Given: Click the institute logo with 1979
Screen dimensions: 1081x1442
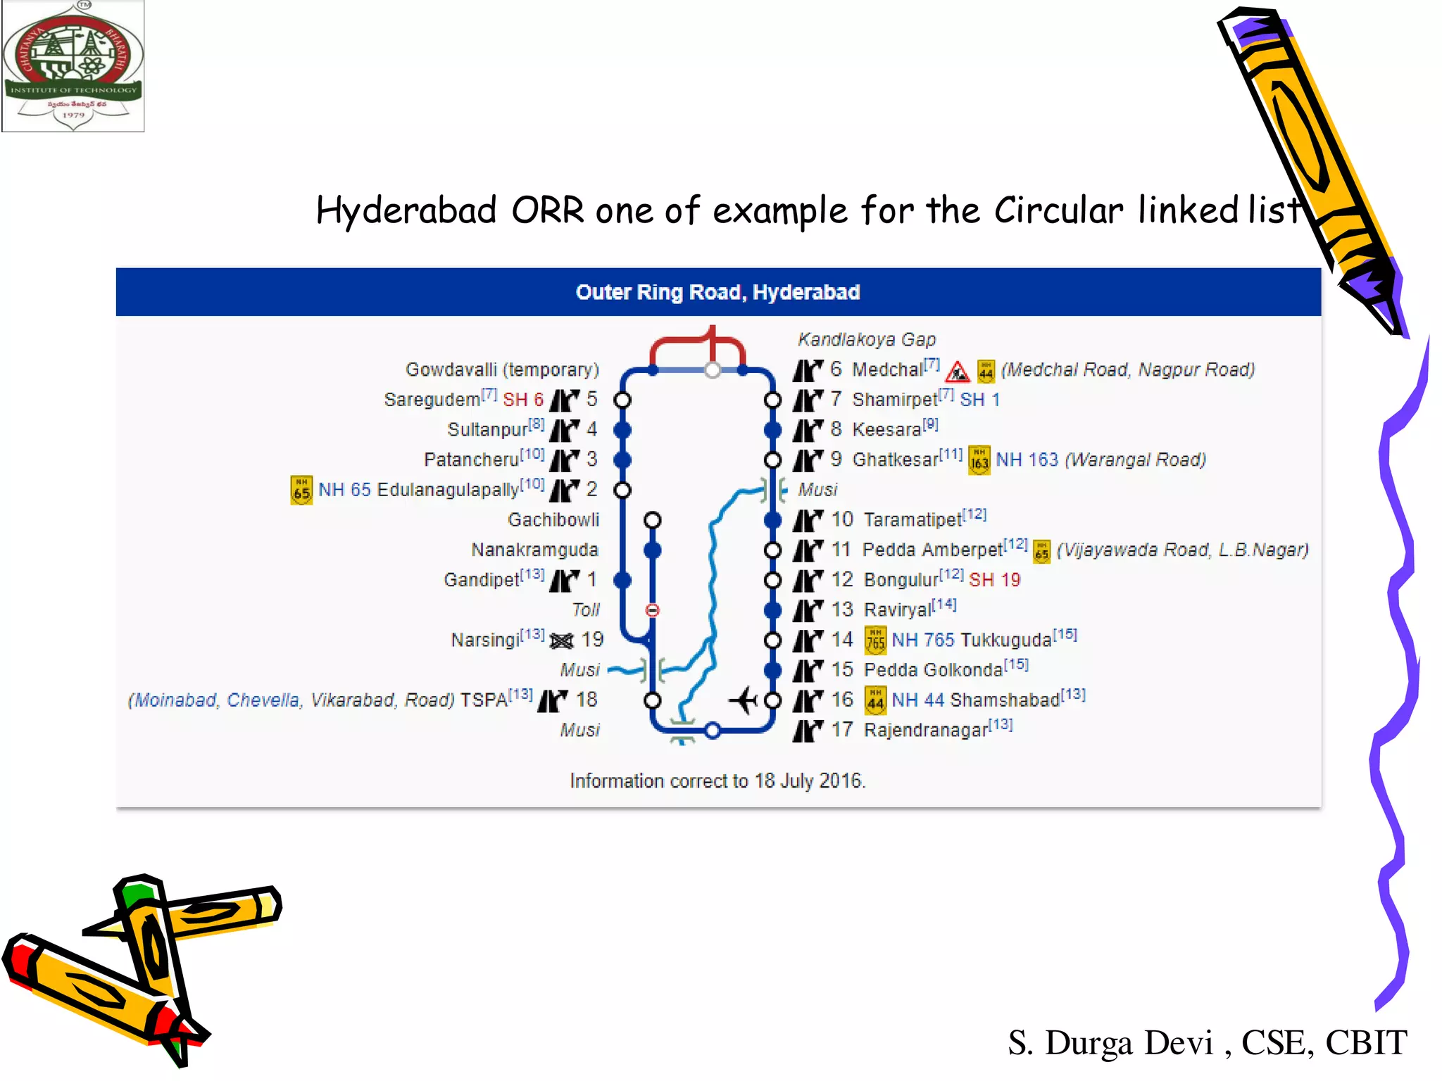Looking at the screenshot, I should (x=73, y=66).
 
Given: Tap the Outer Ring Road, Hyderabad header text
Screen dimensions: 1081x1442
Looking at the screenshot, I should (x=717, y=292).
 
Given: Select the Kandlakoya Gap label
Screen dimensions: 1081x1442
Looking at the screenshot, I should (x=866, y=339).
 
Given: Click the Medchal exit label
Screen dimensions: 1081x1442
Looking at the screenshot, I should (x=886, y=369).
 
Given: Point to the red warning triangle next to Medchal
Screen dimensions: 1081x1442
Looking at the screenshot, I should (x=957, y=371).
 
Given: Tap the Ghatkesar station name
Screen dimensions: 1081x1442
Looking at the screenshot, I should (x=895, y=460).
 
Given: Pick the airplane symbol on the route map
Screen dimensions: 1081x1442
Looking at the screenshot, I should (x=744, y=700).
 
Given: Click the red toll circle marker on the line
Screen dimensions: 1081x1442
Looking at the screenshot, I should (x=653, y=610).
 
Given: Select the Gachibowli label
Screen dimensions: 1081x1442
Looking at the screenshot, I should (x=553, y=519).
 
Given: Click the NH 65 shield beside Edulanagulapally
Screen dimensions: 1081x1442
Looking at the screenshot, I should (x=301, y=491).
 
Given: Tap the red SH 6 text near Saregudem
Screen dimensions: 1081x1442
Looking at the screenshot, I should (x=523, y=400).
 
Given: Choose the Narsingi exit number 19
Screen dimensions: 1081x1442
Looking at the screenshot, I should (x=592, y=640).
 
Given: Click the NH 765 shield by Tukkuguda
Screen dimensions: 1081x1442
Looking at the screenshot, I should (x=875, y=640).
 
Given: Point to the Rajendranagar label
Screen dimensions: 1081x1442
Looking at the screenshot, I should (x=926, y=730).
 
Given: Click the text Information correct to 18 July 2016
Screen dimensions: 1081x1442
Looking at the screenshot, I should (x=717, y=780).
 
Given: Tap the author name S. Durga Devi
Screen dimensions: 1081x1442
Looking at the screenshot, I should (x=1110, y=1042).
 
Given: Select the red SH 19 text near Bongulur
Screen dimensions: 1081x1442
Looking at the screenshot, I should (x=994, y=580).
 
